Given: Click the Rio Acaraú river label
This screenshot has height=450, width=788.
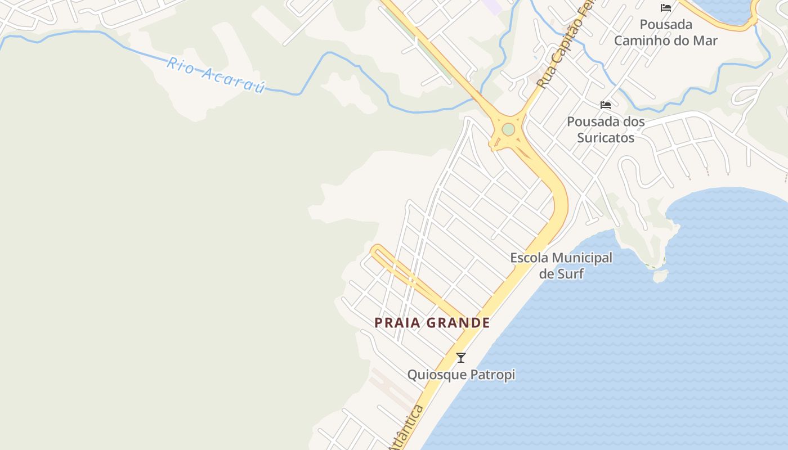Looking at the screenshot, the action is (216, 74).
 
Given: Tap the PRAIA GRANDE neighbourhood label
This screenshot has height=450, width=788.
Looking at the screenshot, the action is (432, 323).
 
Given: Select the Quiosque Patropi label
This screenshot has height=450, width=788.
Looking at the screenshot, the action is (461, 375).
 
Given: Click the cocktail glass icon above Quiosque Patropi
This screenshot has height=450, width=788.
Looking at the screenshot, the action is (461, 357).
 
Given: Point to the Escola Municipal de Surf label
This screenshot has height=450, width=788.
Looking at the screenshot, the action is (561, 265).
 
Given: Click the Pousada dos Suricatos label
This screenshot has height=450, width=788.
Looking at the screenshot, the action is (606, 129).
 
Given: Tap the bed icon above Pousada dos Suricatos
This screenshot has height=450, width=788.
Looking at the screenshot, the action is (606, 105).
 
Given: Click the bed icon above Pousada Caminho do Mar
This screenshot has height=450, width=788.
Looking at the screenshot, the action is (666, 8).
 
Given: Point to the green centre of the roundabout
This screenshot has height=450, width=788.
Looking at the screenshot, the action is (508, 130).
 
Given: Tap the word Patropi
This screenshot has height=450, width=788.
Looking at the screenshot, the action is (494, 375).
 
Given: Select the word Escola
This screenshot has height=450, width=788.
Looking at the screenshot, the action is (529, 258).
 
